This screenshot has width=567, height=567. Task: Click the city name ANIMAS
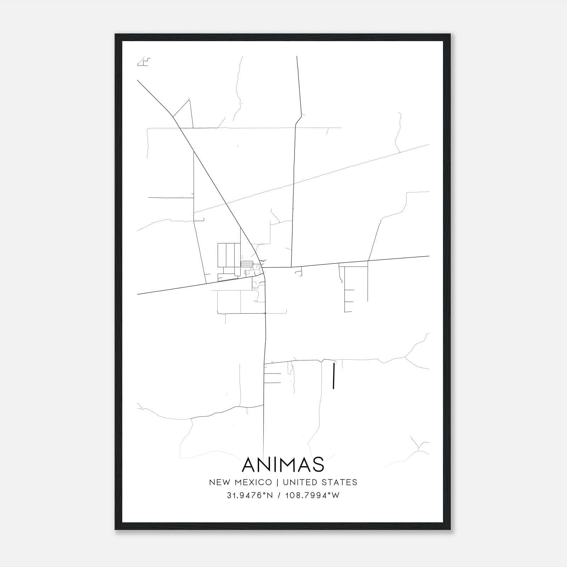(283, 465)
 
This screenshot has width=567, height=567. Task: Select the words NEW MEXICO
(241, 482)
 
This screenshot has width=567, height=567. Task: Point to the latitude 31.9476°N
(250, 495)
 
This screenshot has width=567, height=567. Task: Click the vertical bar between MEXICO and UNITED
(277, 482)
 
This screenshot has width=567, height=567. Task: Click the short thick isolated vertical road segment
(333, 376)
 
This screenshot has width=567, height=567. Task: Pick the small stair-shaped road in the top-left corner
(144, 62)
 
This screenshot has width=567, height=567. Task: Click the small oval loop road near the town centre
(247, 264)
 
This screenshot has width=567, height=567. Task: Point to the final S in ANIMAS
(318, 465)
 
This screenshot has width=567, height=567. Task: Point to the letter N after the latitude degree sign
(270, 495)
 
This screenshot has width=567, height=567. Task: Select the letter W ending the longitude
(336, 495)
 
